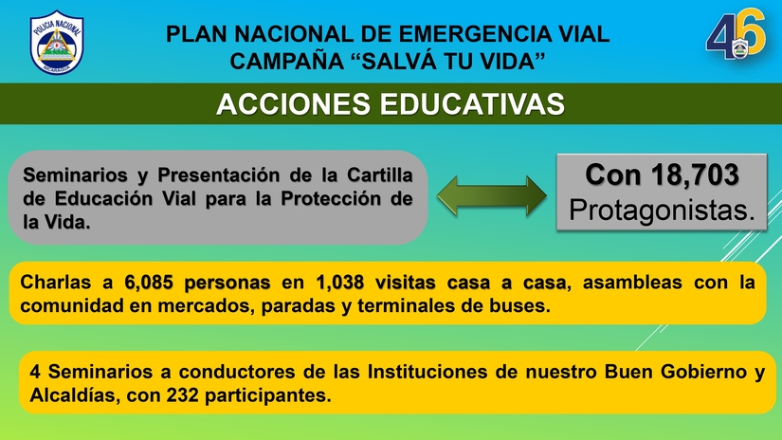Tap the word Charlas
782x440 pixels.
click(57, 283)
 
